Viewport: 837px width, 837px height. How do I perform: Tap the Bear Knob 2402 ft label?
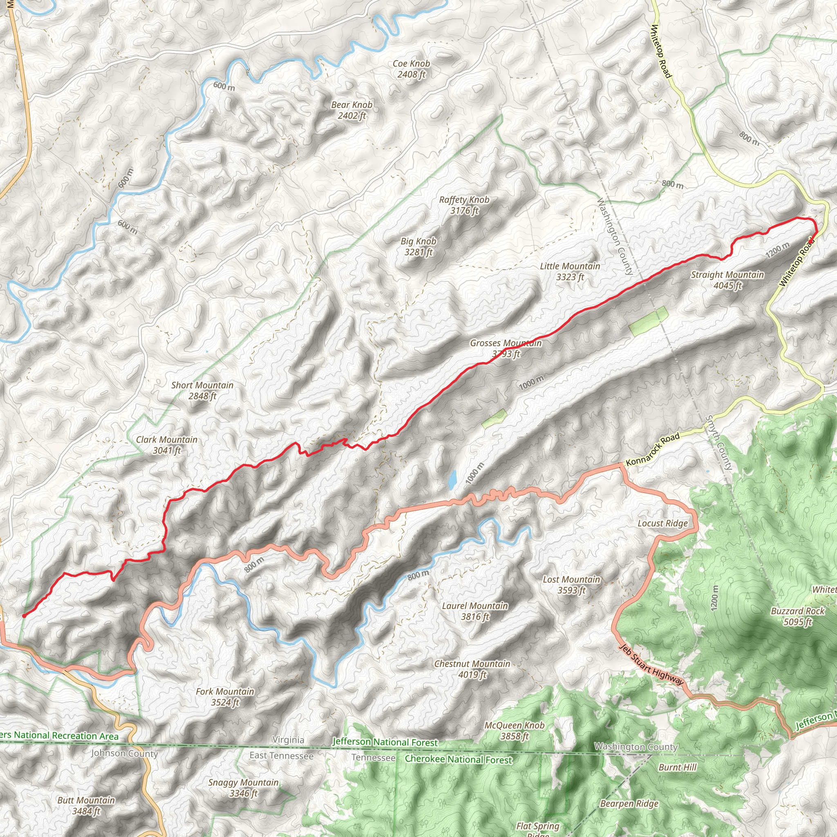coord(351,110)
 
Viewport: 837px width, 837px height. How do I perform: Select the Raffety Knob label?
coord(464,205)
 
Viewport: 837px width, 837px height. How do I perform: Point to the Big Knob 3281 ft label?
coord(418,246)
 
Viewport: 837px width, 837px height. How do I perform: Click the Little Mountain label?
coord(570,271)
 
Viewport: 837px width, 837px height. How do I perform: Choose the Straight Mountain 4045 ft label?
coord(727,280)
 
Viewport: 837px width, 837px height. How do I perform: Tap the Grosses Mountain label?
coord(506,348)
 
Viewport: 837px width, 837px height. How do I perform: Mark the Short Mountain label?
coord(202,390)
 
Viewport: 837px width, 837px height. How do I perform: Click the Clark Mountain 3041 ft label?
coord(166,445)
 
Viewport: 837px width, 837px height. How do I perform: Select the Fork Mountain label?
coord(225,697)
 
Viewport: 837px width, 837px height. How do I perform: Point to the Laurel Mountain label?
coord(475,611)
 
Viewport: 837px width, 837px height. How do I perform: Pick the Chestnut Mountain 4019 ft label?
coord(472,669)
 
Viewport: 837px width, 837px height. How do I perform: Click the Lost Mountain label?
coord(571,585)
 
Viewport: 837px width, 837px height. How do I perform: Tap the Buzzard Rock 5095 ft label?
coord(798,616)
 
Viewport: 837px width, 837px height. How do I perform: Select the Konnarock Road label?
coord(652,449)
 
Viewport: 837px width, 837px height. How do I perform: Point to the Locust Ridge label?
coord(662,524)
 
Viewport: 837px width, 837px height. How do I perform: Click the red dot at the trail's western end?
coord(24,615)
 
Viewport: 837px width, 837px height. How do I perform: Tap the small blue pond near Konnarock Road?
coord(452,479)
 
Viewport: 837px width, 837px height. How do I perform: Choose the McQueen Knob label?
coord(514,730)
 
